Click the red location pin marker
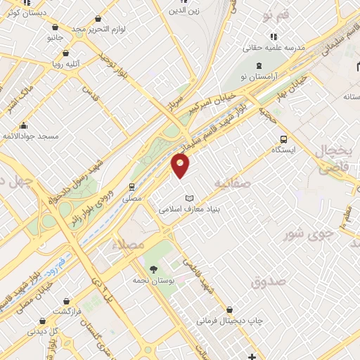click(x=181, y=165)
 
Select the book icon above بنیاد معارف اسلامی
click(x=188, y=199)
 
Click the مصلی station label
click(x=131, y=199)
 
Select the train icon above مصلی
click(x=131, y=187)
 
